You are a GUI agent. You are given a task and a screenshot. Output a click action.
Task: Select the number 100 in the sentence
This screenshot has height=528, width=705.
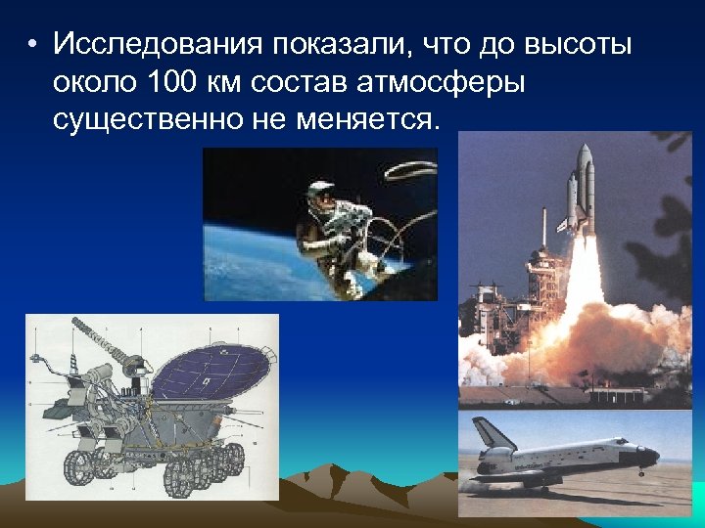click(178, 82)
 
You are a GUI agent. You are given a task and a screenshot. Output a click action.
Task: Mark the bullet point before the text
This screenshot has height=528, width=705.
click(33, 45)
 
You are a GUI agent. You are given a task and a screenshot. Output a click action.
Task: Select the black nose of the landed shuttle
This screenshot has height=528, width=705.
click(651, 455)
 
